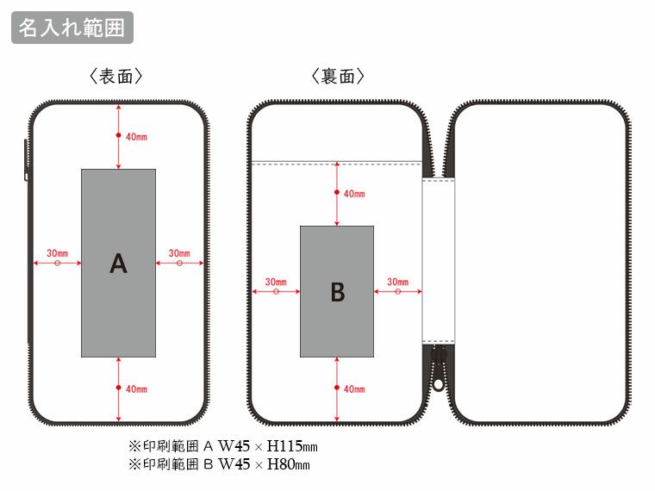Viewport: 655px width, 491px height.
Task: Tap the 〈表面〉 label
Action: pyautogui.click(x=115, y=78)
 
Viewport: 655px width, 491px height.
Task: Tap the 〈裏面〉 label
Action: pyautogui.click(x=338, y=78)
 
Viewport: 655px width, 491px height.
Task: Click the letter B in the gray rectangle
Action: pyautogui.click(x=337, y=293)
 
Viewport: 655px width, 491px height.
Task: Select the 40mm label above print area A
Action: pyautogui.click(x=136, y=137)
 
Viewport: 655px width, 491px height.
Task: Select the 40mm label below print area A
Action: pyautogui.click(x=136, y=389)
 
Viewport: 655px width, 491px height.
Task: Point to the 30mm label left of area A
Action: pyautogui.click(x=58, y=253)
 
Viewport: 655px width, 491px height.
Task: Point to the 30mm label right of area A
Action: pyautogui.click(x=179, y=253)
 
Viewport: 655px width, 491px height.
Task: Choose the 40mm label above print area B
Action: pyautogui.click(x=354, y=194)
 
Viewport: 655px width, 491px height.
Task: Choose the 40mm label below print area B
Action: pyautogui.click(x=354, y=389)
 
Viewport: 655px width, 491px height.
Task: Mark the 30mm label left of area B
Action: pyautogui.click(x=276, y=282)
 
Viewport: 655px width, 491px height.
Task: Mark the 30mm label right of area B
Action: pyautogui.click(x=397, y=282)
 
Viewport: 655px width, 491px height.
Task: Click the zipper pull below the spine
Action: pyautogui.click(x=438, y=366)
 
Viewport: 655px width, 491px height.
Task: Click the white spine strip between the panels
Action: pyautogui.click(x=438, y=258)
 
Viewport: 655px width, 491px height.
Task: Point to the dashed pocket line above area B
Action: pyautogui.click(x=336, y=161)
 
